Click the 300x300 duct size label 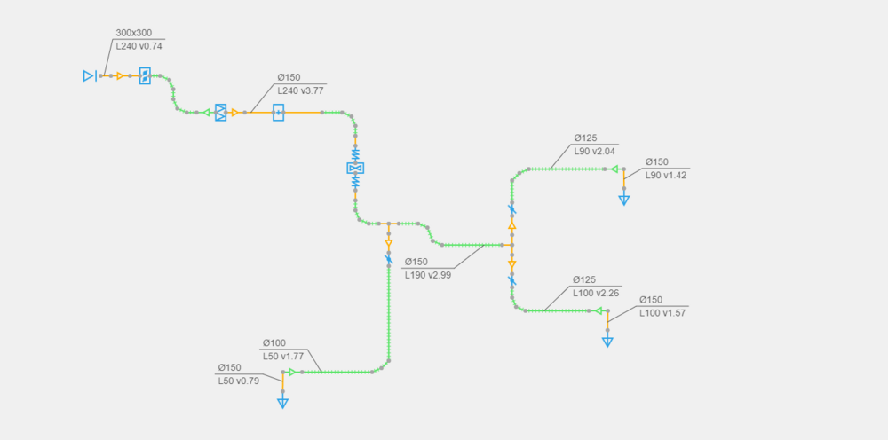tap(134, 33)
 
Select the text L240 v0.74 tap(139, 46)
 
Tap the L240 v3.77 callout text tap(301, 90)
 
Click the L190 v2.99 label tap(428, 275)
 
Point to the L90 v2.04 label tap(594, 151)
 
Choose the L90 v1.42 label tap(666, 175)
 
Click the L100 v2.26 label tap(595, 293)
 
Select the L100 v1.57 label tap(662, 313)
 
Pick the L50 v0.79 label tap(238, 381)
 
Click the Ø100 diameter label tap(274, 342)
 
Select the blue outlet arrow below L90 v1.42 tap(624, 200)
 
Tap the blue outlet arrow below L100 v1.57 tap(607, 342)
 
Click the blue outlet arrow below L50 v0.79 tap(282, 404)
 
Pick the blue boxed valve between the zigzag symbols tap(356, 168)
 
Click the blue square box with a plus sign tap(278, 113)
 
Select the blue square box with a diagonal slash tap(145, 75)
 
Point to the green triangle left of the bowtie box tap(206, 113)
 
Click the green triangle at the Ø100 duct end tap(292, 372)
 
